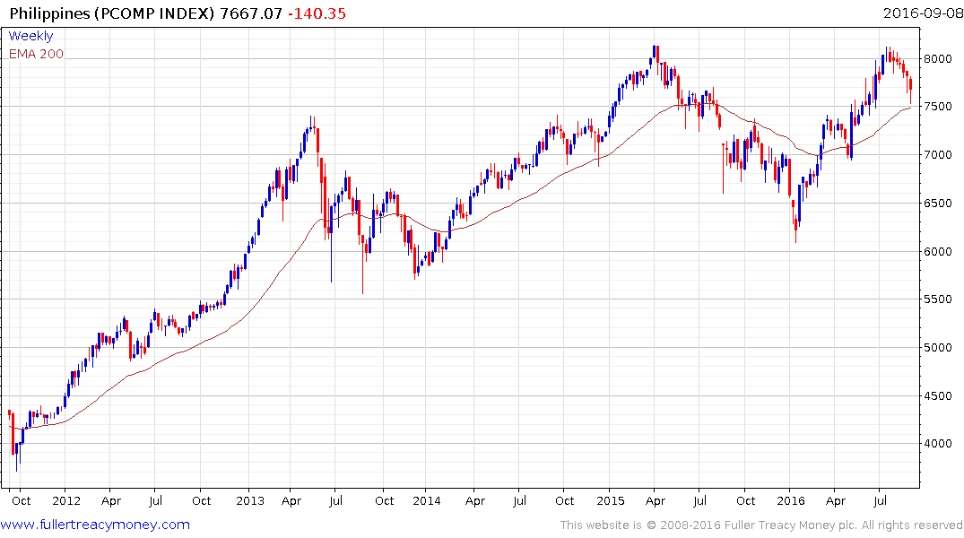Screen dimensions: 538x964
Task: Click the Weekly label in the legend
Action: pyautogui.click(x=30, y=37)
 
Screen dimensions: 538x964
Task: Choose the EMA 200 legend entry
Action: pyautogui.click(x=36, y=54)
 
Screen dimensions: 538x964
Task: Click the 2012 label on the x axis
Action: pyautogui.click(x=66, y=500)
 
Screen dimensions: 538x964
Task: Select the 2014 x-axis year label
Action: pyautogui.click(x=428, y=500)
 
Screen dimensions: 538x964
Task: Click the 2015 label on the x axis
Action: pyautogui.click(x=610, y=500)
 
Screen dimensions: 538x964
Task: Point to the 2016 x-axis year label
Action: pyautogui.click(x=791, y=500)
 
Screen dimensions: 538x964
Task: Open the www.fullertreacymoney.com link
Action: pyautogui.click(x=96, y=525)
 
